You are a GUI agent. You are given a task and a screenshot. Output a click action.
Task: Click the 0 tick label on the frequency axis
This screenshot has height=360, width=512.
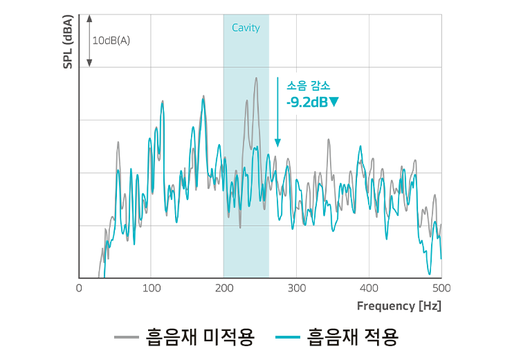79,288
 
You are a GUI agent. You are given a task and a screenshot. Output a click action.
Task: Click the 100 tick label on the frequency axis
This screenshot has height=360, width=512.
152,288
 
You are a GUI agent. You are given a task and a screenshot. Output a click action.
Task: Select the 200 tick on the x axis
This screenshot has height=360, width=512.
223,288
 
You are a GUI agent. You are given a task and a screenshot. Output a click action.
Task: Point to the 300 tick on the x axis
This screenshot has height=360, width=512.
296,288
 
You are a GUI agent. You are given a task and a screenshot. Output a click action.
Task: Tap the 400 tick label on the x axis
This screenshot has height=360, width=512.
369,288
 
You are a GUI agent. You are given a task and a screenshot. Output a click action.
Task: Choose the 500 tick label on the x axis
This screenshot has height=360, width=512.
440,288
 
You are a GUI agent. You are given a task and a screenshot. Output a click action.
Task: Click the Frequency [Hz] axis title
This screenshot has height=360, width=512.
399,305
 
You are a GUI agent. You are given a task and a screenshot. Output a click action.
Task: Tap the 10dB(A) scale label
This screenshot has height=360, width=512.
111,40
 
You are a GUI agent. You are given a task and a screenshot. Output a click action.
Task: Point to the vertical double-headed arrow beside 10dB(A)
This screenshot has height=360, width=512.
89,40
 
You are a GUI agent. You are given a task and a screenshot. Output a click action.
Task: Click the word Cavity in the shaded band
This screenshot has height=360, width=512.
246,28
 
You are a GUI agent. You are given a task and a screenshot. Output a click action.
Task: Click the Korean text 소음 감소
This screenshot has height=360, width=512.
308,87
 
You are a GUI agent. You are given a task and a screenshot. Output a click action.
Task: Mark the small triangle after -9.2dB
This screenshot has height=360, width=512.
334,102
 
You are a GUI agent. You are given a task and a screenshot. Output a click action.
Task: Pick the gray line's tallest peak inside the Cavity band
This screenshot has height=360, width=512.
256,78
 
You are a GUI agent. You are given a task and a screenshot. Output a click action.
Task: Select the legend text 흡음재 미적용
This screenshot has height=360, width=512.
201,337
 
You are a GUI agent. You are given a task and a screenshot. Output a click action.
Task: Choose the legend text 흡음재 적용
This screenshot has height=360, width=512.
353,337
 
